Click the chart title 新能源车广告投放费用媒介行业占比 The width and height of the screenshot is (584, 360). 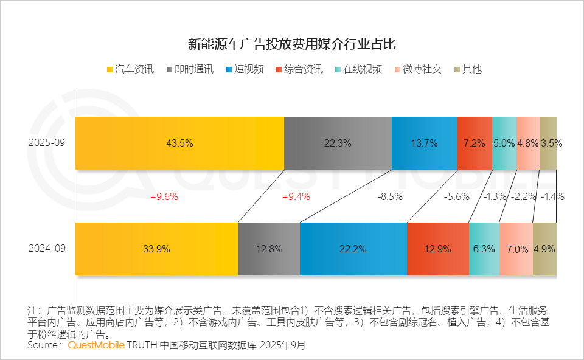pyautogui.click(x=292, y=44)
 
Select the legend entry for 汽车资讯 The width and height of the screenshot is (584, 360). pyautogui.click(x=130, y=69)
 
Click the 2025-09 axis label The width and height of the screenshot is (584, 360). pyautogui.click(x=46, y=143)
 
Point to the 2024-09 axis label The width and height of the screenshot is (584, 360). pyautogui.click(x=46, y=249)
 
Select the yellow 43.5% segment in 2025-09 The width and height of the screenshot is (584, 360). pyautogui.click(x=179, y=143)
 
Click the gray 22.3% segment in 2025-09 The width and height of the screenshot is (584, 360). pyautogui.click(x=338, y=143)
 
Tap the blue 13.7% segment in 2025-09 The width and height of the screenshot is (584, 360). pyautogui.click(x=424, y=143)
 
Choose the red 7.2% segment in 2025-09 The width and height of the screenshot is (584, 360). pyautogui.click(x=474, y=143)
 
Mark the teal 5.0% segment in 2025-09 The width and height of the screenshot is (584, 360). pyautogui.click(x=504, y=143)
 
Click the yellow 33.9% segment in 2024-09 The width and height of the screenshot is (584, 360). pyautogui.click(x=156, y=249)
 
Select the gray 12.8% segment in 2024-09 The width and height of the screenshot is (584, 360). pyautogui.click(x=268, y=249)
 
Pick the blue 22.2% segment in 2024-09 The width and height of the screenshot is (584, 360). pyautogui.click(x=353, y=249)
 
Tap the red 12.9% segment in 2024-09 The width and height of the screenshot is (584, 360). pyautogui.click(x=437, y=249)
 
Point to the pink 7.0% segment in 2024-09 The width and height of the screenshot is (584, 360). pyautogui.click(x=516, y=249)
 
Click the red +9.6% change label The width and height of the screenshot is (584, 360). pyautogui.click(x=164, y=196)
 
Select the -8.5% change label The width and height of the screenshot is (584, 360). pyautogui.click(x=389, y=196)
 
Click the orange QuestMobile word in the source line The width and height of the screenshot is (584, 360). pyautogui.click(x=96, y=345)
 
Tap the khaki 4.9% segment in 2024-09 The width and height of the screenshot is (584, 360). pyautogui.click(x=544, y=249)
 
